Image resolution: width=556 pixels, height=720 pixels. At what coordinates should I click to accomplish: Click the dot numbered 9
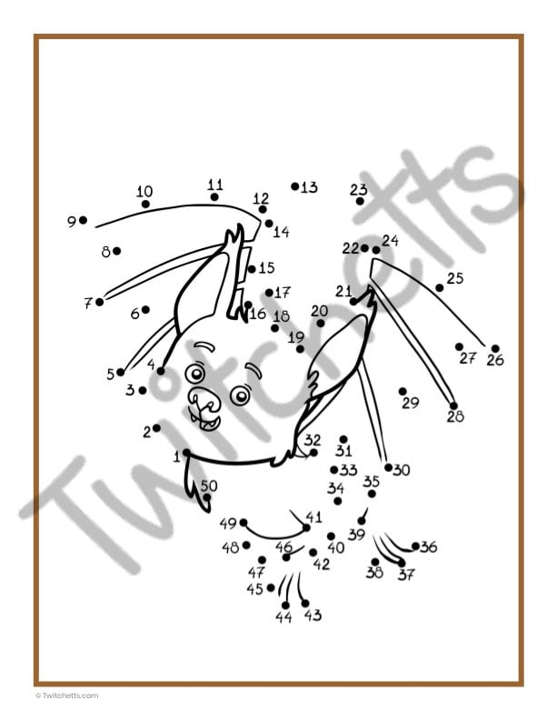point(83,220)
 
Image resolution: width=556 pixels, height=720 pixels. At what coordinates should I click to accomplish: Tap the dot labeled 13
point(295,186)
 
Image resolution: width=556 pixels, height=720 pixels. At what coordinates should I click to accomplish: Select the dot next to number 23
point(360,201)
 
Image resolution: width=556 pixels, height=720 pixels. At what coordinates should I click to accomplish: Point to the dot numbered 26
point(495,348)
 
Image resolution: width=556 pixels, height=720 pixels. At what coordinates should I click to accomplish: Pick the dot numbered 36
point(415,546)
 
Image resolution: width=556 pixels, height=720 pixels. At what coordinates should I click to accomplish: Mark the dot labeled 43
point(304,603)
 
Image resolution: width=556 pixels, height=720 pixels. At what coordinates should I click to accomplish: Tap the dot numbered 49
point(243,523)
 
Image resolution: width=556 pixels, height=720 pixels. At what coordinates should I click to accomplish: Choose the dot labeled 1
point(186,452)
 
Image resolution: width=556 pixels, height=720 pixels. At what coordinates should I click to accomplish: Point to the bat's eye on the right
point(240,395)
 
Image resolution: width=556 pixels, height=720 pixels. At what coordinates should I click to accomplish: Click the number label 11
point(215,184)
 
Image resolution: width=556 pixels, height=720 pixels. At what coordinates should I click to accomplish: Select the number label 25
point(455,278)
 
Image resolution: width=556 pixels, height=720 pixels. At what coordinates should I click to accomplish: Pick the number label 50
point(209,485)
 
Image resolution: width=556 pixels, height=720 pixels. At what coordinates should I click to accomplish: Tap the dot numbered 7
point(100,302)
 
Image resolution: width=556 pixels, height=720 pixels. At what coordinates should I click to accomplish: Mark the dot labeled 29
point(402,391)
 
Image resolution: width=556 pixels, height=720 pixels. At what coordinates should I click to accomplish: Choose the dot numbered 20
point(321,323)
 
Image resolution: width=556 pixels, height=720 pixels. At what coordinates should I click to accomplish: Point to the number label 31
point(343,451)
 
